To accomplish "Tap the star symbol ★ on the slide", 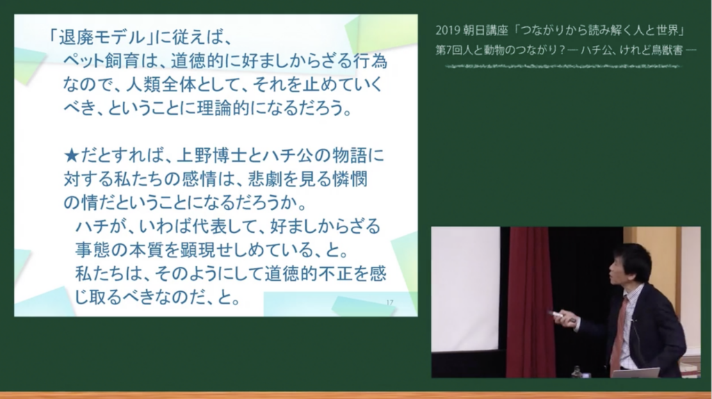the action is pyautogui.click(x=72, y=156).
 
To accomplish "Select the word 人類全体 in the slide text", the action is pyautogui.click(x=161, y=85).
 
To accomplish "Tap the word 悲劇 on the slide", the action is pyautogui.click(x=266, y=179).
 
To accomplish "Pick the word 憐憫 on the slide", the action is pyautogui.click(x=349, y=179).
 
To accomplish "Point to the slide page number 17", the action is pyautogui.click(x=389, y=303).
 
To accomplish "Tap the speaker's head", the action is pyautogui.click(x=630, y=265).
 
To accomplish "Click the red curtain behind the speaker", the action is pyautogui.click(x=529, y=302).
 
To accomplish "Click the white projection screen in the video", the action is pyautogui.click(x=465, y=288).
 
